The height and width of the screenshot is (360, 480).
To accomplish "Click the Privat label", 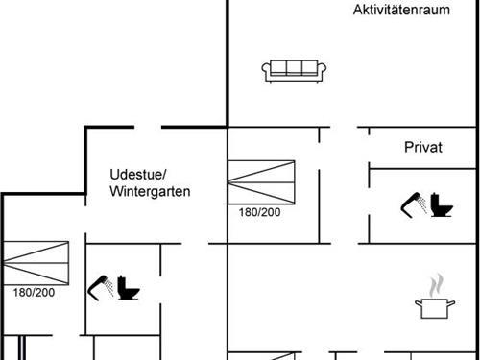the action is pyautogui.click(x=422, y=147).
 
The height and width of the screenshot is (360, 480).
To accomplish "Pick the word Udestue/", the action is pyautogui.click(x=138, y=174).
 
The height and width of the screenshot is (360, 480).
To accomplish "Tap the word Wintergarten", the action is pyautogui.click(x=150, y=191).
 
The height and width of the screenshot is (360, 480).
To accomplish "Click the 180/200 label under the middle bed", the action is pyautogui.click(x=259, y=212).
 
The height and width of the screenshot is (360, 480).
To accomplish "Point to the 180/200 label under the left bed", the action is pyautogui.click(x=34, y=291).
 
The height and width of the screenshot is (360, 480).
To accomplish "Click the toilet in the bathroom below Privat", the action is pyautogui.click(x=441, y=206).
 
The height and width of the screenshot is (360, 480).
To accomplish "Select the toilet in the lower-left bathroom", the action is pyautogui.click(x=128, y=288).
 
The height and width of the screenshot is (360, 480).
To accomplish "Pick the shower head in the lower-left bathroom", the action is pyautogui.click(x=101, y=284).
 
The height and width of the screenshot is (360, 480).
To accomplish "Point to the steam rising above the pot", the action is pyautogui.click(x=434, y=285).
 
